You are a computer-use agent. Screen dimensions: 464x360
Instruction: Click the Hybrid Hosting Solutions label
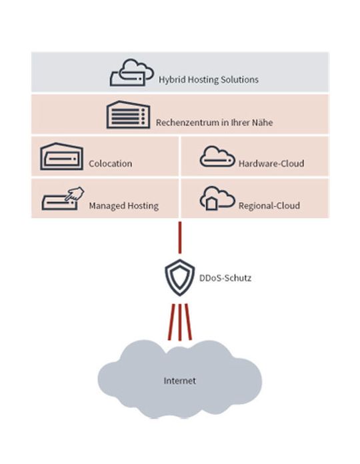pyautogui.click(x=208, y=79)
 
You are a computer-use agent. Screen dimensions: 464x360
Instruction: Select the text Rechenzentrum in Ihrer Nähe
pyautogui.click(x=214, y=123)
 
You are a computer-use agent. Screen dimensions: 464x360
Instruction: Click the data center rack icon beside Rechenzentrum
pyautogui.click(x=128, y=115)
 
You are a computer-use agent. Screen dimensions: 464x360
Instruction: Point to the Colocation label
pyautogui.click(x=110, y=163)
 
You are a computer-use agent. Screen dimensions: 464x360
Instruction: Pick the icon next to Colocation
pyautogui.click(x=62, y=157)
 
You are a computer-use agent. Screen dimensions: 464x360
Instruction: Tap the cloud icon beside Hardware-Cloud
pyautogui.click(x=217, y=157)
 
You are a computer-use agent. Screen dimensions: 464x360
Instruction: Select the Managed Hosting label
pyautogui.click(x=123, y=206)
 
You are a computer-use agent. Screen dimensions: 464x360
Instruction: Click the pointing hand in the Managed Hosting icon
pyautogui.click(x=76, y=194)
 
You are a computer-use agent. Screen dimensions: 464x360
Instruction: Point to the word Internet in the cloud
pyautogui.click(x=180, y=381)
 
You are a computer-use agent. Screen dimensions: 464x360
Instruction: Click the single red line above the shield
pyautogui.click(x=179, y=235)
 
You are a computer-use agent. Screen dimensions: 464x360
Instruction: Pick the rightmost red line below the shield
pyautogui.click(x=189, y=322)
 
